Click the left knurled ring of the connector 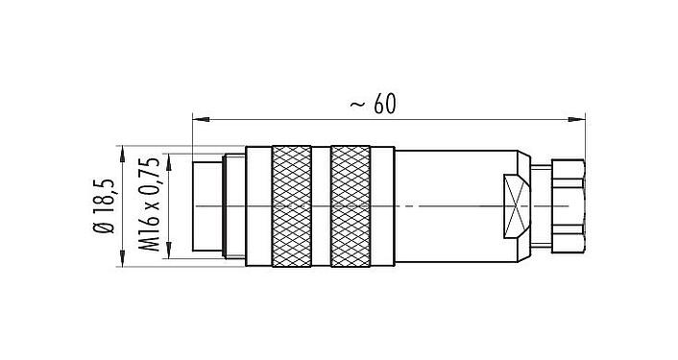[292, 205]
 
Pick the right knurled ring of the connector [350, 205]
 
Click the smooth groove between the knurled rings [321, 205]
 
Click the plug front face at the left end [206, 205]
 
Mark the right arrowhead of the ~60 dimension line [580, 120]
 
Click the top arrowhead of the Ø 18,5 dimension [123, 151]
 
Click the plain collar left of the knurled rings [258, 205]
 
